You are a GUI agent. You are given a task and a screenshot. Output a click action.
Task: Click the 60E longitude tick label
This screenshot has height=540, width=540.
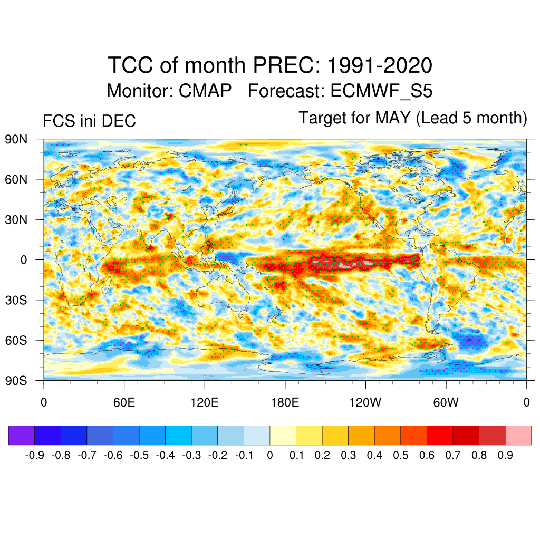pos(124,402)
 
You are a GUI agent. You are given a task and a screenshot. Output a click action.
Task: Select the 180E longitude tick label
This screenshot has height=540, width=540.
pos(285,402)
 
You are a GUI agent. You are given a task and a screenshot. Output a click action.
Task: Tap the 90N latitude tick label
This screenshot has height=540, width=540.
pos(16,139)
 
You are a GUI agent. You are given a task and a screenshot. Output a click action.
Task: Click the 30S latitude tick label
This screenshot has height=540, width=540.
pos(16,300)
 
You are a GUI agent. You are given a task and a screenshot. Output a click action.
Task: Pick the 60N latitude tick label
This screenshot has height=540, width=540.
pos(16,179)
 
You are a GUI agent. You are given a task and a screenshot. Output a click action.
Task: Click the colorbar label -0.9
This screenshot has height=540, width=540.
pos(35,455)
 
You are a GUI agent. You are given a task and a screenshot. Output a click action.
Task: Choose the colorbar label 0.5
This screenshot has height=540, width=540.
pos(401,455)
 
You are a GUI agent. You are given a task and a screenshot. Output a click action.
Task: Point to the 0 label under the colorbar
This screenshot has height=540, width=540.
pos(270,455)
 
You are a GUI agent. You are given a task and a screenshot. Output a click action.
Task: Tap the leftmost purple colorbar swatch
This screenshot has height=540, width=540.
pos(22,435)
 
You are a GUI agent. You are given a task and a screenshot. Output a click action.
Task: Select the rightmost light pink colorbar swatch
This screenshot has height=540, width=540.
pos(518,435)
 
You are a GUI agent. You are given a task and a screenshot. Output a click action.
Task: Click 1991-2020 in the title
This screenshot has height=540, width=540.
pos(380,66)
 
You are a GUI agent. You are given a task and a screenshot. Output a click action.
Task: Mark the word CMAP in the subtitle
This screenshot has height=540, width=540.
pos(205,91)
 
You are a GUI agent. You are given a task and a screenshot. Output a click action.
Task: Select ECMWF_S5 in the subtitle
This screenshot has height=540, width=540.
pos(381,91)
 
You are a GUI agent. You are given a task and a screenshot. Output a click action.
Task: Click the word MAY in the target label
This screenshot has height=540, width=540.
pos(393,118)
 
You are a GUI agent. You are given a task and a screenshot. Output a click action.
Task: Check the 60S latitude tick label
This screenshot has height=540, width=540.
pos(16,340)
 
